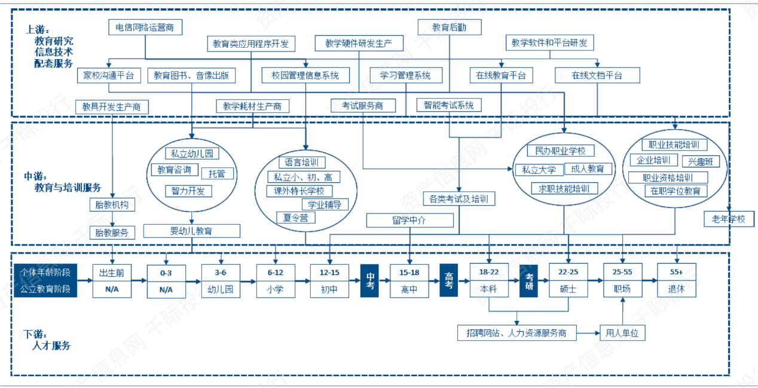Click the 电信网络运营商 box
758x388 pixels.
tap(145, 28)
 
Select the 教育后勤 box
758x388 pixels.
tap(449, 27)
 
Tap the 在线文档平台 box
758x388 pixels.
tap(597, 75)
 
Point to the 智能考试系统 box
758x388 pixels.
tap(448, 105)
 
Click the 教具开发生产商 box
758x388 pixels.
tap(112, 106)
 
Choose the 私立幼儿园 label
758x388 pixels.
tap(192, 154)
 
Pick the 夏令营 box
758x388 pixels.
tap(295, 218)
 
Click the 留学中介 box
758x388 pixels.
tap(410, 220)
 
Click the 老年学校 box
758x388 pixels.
tap(725, 218)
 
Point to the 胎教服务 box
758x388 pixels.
tap(112, 233)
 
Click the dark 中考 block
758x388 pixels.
tap(371, 280)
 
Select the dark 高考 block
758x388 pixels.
tap(449, 280)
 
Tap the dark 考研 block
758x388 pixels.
tap(529, 280)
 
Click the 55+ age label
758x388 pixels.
tap(676, 272)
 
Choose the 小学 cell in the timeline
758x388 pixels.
tap(275, 289)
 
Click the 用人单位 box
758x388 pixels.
tap(622, 332)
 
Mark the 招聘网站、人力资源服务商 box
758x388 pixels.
tap(516, 332)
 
